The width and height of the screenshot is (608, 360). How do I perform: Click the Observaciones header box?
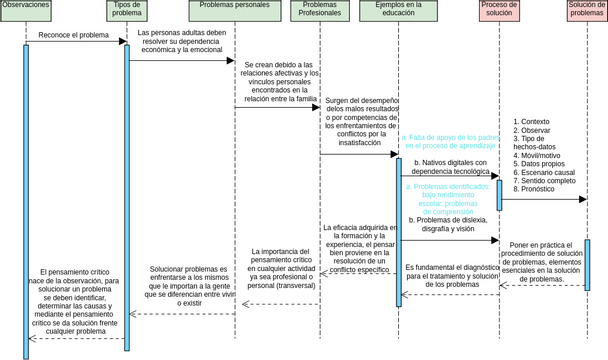(26, 10)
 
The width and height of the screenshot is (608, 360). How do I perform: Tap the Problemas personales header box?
(235, 10)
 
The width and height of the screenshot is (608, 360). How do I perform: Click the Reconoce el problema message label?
(73, 35)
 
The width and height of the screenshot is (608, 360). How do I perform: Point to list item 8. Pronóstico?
(546, 189)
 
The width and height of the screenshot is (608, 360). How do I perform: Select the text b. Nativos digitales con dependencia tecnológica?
(448, 167)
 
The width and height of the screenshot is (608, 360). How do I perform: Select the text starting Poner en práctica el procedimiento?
(546, 262)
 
